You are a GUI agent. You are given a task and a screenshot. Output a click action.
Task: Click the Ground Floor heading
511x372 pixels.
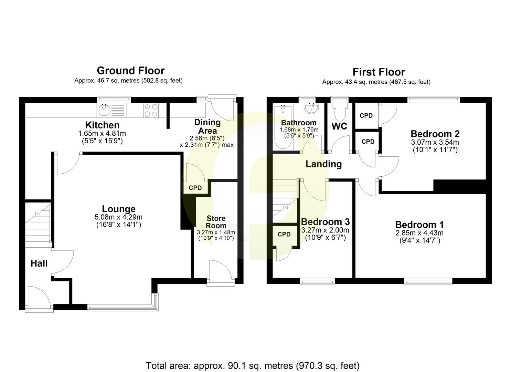(130, 71)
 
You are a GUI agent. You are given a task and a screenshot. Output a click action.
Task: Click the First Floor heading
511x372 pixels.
(379, 72)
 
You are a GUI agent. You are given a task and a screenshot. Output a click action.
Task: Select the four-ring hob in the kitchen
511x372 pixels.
(151, 110)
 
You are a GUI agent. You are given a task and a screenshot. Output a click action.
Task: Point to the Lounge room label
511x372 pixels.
(119, 209)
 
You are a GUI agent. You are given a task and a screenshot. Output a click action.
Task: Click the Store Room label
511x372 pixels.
(216, 222)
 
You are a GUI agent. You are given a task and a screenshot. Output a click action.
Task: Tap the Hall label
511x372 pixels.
(39, 263)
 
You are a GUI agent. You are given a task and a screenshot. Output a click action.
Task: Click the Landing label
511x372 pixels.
(323, 164)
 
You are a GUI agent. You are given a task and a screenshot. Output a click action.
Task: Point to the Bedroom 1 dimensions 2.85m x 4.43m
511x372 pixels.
(419, 233)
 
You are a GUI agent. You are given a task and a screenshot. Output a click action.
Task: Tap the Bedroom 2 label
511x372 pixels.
(435, 134)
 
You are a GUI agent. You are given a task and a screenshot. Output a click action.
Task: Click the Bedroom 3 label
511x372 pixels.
(325, 222)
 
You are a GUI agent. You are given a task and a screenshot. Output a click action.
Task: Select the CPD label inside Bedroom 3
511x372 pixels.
(284, 235)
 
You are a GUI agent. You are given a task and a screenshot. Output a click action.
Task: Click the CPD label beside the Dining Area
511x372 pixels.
(195, 188)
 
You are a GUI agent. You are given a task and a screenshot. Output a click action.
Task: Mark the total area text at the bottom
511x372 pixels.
(253, 365)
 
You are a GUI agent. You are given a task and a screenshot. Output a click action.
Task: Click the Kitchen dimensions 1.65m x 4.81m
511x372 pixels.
(102, 134)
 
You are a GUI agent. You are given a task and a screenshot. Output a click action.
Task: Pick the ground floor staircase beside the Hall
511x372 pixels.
(38, 224)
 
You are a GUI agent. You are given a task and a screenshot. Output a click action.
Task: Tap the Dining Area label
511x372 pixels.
(207, 126)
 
